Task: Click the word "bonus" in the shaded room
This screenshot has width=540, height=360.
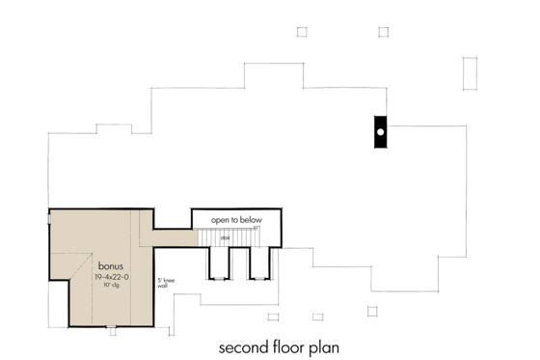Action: coord(109,263)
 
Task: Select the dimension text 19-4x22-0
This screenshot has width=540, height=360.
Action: coord(112,277)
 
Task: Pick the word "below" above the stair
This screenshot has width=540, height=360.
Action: coord(249,220)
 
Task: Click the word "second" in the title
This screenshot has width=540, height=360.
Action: coord(245,346)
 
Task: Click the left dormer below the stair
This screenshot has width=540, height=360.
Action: coord(218,263)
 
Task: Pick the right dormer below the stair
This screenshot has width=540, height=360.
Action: coord(258,263)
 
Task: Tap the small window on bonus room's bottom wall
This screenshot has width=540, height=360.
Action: coord(112,330)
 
